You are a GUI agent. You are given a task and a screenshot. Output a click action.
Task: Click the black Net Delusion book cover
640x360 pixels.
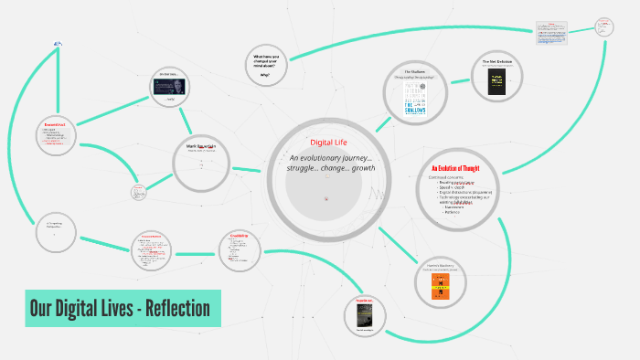click(x=496, y=83)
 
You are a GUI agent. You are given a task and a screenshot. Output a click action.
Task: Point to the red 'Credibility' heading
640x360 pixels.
click(x=240, y=236)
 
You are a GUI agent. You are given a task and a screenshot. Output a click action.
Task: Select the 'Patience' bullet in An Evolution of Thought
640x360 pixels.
click(x=453, y=215)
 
